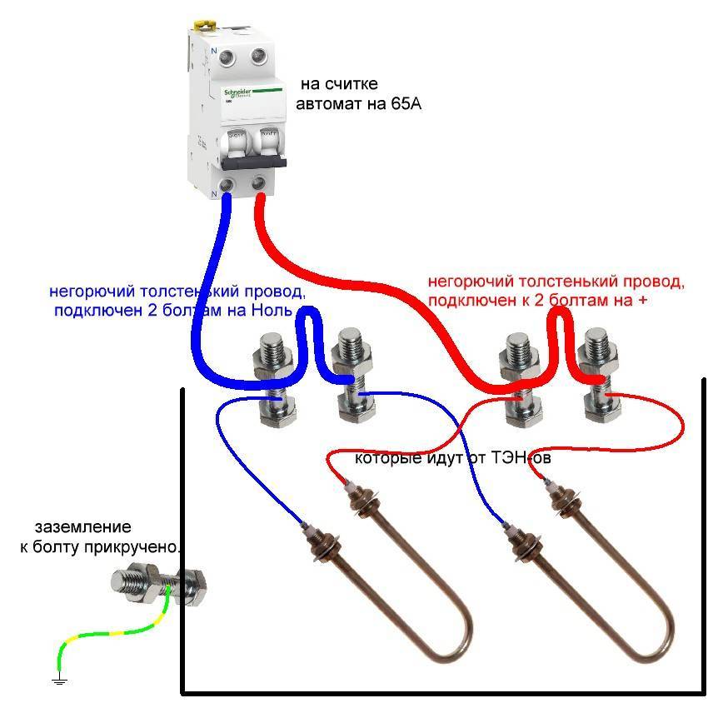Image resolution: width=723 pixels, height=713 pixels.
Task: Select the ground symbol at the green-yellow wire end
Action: [59, 681]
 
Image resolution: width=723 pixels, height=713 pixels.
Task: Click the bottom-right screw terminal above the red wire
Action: [259, 183]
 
